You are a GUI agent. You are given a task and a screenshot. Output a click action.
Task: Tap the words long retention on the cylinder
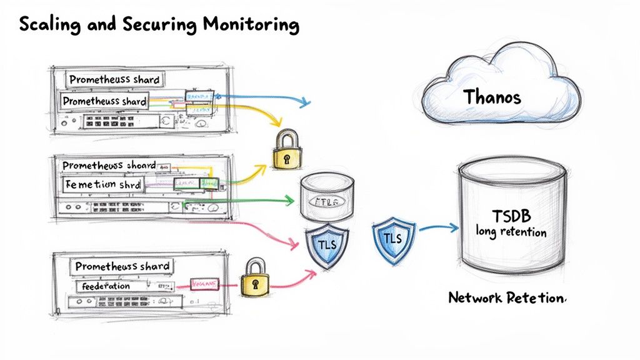click(511, 232)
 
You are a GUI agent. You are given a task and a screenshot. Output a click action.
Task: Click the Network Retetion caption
click(506, 298)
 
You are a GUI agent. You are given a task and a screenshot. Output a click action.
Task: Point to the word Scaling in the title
click(46, 25)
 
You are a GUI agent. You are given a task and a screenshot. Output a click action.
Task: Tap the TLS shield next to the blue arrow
click(391, 239)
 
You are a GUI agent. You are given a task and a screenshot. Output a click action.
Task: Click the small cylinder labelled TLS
click(323, 197)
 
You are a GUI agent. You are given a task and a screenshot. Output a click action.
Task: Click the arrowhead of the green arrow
click(289, 201)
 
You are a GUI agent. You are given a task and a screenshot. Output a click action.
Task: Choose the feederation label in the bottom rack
click(106, 286)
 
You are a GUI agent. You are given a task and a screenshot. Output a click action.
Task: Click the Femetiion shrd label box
click(104, 185)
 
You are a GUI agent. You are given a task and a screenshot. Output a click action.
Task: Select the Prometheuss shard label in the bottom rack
click(122, 266)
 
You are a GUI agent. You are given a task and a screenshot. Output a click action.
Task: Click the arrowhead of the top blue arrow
click(306, 101)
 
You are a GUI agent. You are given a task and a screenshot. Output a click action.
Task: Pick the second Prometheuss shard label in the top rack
click(105, 101)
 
